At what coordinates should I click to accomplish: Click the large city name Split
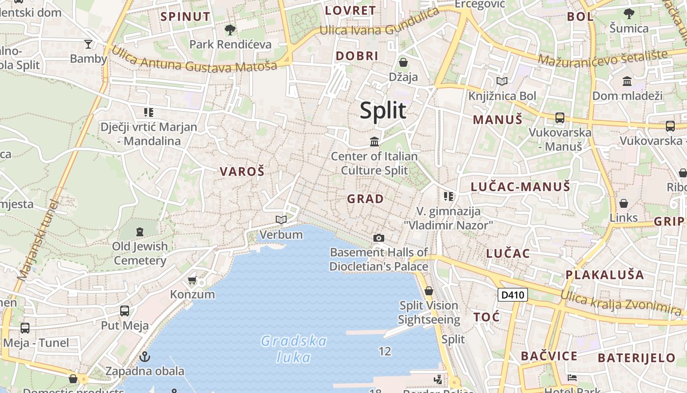[383, 111]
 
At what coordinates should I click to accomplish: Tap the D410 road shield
[513, 295]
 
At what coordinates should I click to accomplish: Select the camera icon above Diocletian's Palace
[378, 238]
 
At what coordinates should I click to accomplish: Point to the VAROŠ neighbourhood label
[242, 171]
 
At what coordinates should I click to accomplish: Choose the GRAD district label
[366, 199]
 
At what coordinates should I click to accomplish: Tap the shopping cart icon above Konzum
[192, 281]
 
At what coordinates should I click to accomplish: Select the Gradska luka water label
[293, 349]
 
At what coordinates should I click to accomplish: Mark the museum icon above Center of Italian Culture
[374, 142]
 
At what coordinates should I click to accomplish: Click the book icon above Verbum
[281, 220]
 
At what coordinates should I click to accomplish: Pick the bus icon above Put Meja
[125, 311]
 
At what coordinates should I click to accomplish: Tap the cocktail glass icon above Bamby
[88, 44]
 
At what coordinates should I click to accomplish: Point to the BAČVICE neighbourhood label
[549, 356]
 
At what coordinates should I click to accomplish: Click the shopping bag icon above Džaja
[403, 62]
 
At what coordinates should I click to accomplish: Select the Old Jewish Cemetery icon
[140, 231]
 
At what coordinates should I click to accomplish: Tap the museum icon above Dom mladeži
[627, 81]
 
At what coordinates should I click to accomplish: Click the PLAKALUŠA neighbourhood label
[605, 275]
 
